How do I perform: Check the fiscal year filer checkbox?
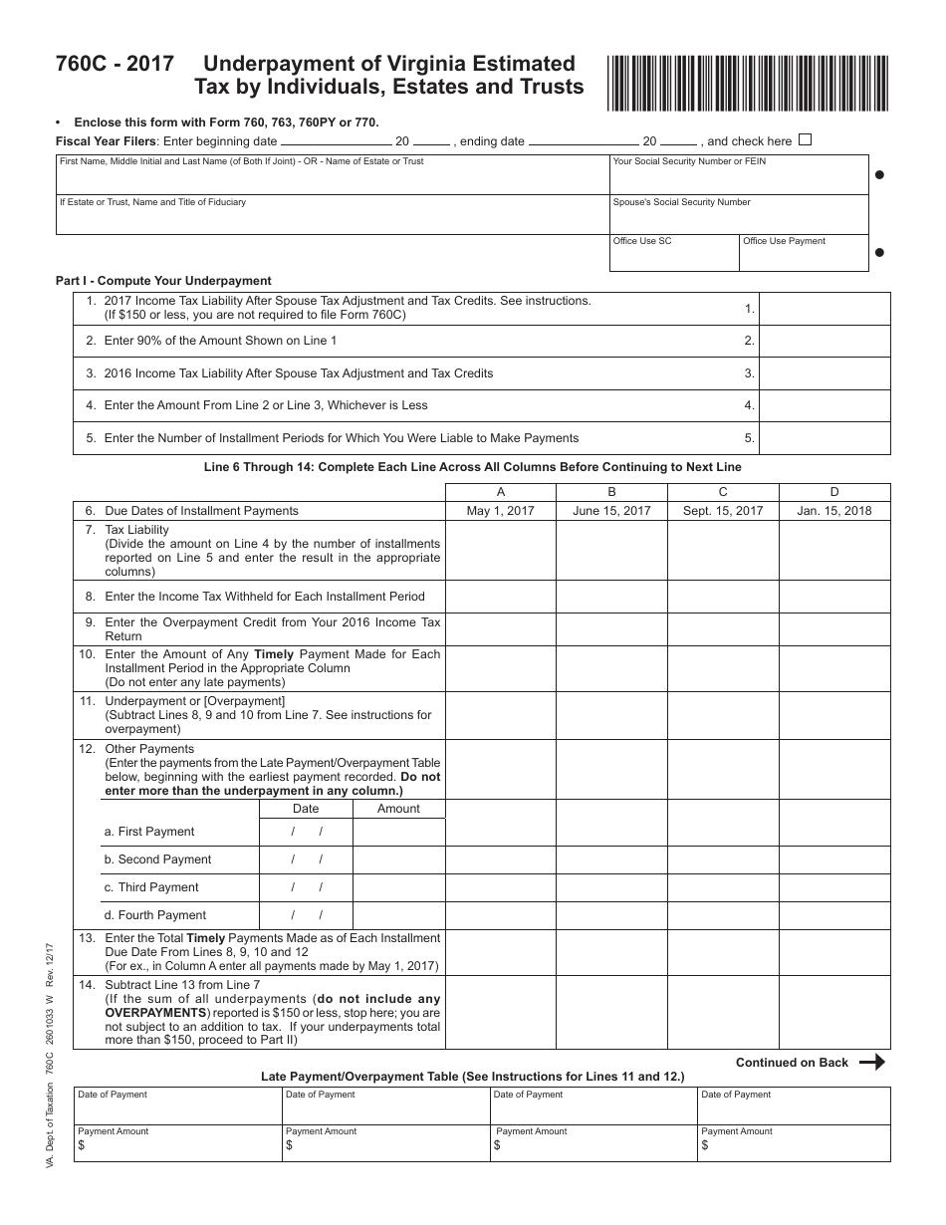coord(806,140)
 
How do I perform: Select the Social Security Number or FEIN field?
coord(738,179)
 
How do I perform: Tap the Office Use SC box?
coord(673,257)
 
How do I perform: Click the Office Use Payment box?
coord(804,257)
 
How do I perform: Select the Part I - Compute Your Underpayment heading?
coord(163,281)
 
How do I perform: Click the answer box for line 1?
coord(825,309)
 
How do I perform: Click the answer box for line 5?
coord(825,438)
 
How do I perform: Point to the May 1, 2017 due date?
coord(500,511)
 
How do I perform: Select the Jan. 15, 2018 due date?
coord(833,511)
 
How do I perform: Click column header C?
coord(723,492)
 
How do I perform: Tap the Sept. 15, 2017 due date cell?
coord(723,511)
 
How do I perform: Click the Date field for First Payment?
coord(306,832)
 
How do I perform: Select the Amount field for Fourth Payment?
coord(398,915)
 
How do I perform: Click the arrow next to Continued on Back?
coord(871,1062)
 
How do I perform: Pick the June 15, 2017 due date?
coord(611,511)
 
